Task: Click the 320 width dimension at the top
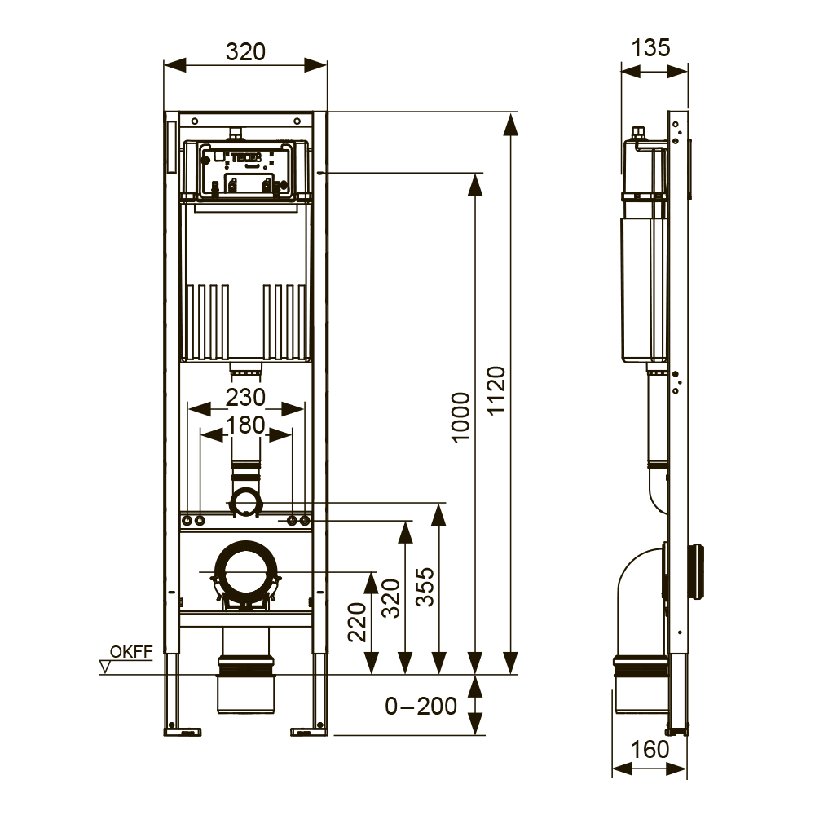pyautogui.click(x=245, y=52)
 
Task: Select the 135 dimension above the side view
pyautogui.click(x=650, y=48)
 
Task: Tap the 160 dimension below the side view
pyautogui.click(x=650, y=750)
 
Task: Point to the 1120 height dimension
pyautogui.click(x=496, y=390)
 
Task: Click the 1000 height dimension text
pyautogui.click(x=461, y=417)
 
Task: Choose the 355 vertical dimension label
pyautogui.click(x=425, y=587)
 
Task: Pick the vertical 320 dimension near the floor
pyautogui.click(x=391, y=598)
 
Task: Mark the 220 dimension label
pyautogui.click(x=357, y=622)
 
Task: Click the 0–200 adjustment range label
pyautogui.click(x=421, y=707)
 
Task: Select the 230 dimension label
pyautogui.click(x=245, y=398)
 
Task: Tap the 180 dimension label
pyautogui.click(x=245, y=425)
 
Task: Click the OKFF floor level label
pyautogui.click(x=131, y=652)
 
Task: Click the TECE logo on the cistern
pyautogui.click(x=246, y=157)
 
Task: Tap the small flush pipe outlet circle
pyautogui.click(x=246, y=502)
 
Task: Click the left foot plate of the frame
pyautogui.click(x=183, y=732)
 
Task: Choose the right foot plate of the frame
pyautogui.click(x=309, y=732)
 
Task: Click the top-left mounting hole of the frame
pyautogui.click(x=195, y=121)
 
